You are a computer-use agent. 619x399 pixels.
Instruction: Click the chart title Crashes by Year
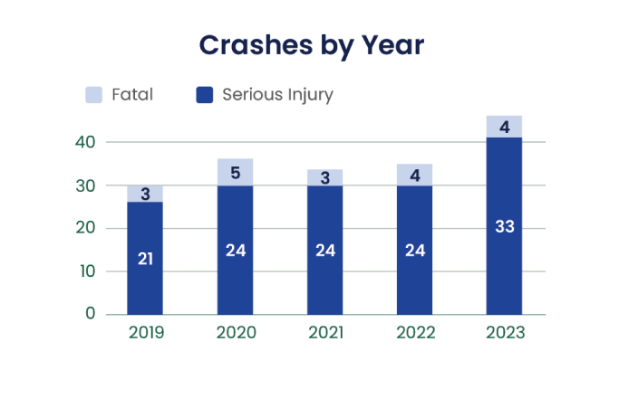(311, 45)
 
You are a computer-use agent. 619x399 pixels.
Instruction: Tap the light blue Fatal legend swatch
(93, 94)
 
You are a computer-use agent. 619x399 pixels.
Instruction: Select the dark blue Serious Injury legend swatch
(204, 94)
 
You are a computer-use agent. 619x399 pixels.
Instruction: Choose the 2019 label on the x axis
(145, 333)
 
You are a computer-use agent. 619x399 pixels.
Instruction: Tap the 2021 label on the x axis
(324, 333)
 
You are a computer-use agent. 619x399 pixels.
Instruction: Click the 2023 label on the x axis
(504, 333)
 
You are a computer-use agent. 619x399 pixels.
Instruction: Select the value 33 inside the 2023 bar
(505, 226)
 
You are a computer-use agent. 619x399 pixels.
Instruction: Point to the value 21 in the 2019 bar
(145, 260)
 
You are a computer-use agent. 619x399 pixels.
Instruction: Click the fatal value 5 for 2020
(236, 172)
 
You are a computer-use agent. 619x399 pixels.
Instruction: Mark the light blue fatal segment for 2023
(505, 126)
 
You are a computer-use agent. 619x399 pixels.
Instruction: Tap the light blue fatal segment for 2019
(145, 194)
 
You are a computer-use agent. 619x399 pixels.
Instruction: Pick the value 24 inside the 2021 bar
(324, 251)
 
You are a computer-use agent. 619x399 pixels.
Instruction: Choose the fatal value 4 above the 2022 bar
(414, 174)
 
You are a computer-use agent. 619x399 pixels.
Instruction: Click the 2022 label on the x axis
(414, 333)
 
